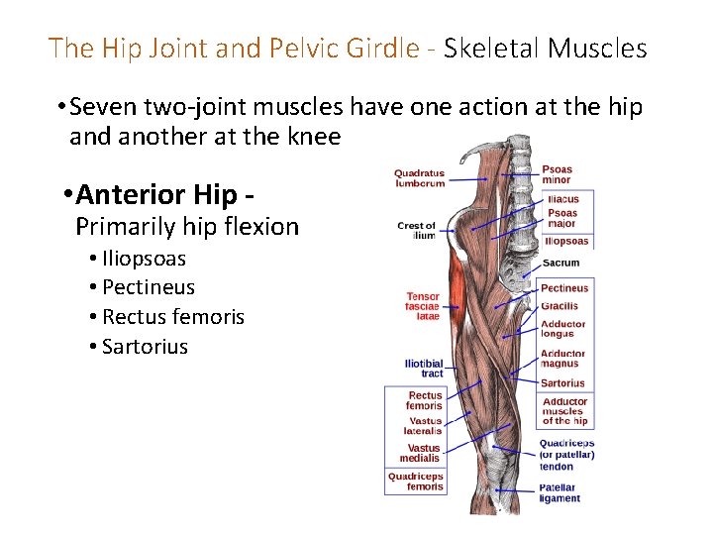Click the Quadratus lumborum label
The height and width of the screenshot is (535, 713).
(x=419, y=178)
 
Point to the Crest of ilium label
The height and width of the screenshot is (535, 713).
(x=416, y=230)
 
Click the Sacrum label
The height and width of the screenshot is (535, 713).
(x=561, y=264)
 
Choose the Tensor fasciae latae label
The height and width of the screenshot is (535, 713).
(x=422, y=306)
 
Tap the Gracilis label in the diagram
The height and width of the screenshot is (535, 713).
(x=560, y=306)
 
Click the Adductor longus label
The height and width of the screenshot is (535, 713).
(x=563, y=329)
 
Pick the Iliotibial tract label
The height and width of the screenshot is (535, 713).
(x=424, y=369)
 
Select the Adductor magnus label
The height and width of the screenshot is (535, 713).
(x=563, y=359)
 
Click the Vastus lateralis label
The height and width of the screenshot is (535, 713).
(x=423, y=426)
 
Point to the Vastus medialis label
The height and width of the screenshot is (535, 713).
(x=420, y=453)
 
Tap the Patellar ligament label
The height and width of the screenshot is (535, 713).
(x=560, y=492)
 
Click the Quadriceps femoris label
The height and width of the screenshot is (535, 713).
(x=415, y=481)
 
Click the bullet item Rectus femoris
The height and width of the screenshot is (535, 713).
(x=173, y=317)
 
